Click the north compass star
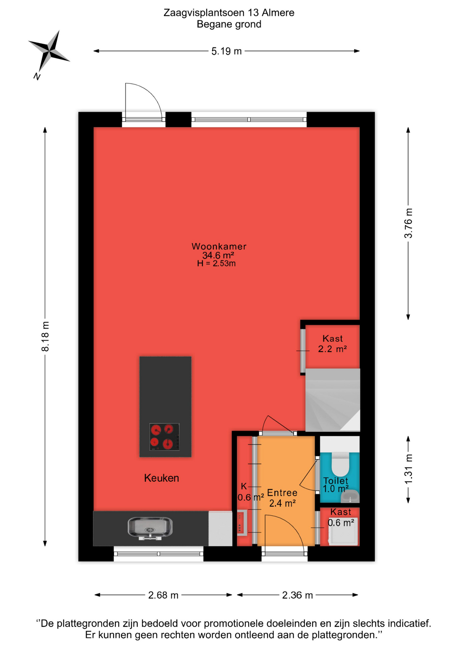click(x=49, y=51)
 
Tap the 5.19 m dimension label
click(x=226, y=51)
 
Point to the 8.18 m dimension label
click(x=45, y=337)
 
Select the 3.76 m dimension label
click(x=408, y=223)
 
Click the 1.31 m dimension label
click(x=408, y=469)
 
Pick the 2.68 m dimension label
click(x=163, y=595)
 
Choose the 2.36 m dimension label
click(x=297, y=595)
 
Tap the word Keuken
click(x=162, y=478)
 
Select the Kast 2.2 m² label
click(x=333, y=344)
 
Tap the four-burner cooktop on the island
click(x=165, y=437)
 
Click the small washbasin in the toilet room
click(x=350, y=496)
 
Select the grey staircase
click(x=333, y=400)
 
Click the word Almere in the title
click(x=278, y=13)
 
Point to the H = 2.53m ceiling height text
click(x=216, y=264)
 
